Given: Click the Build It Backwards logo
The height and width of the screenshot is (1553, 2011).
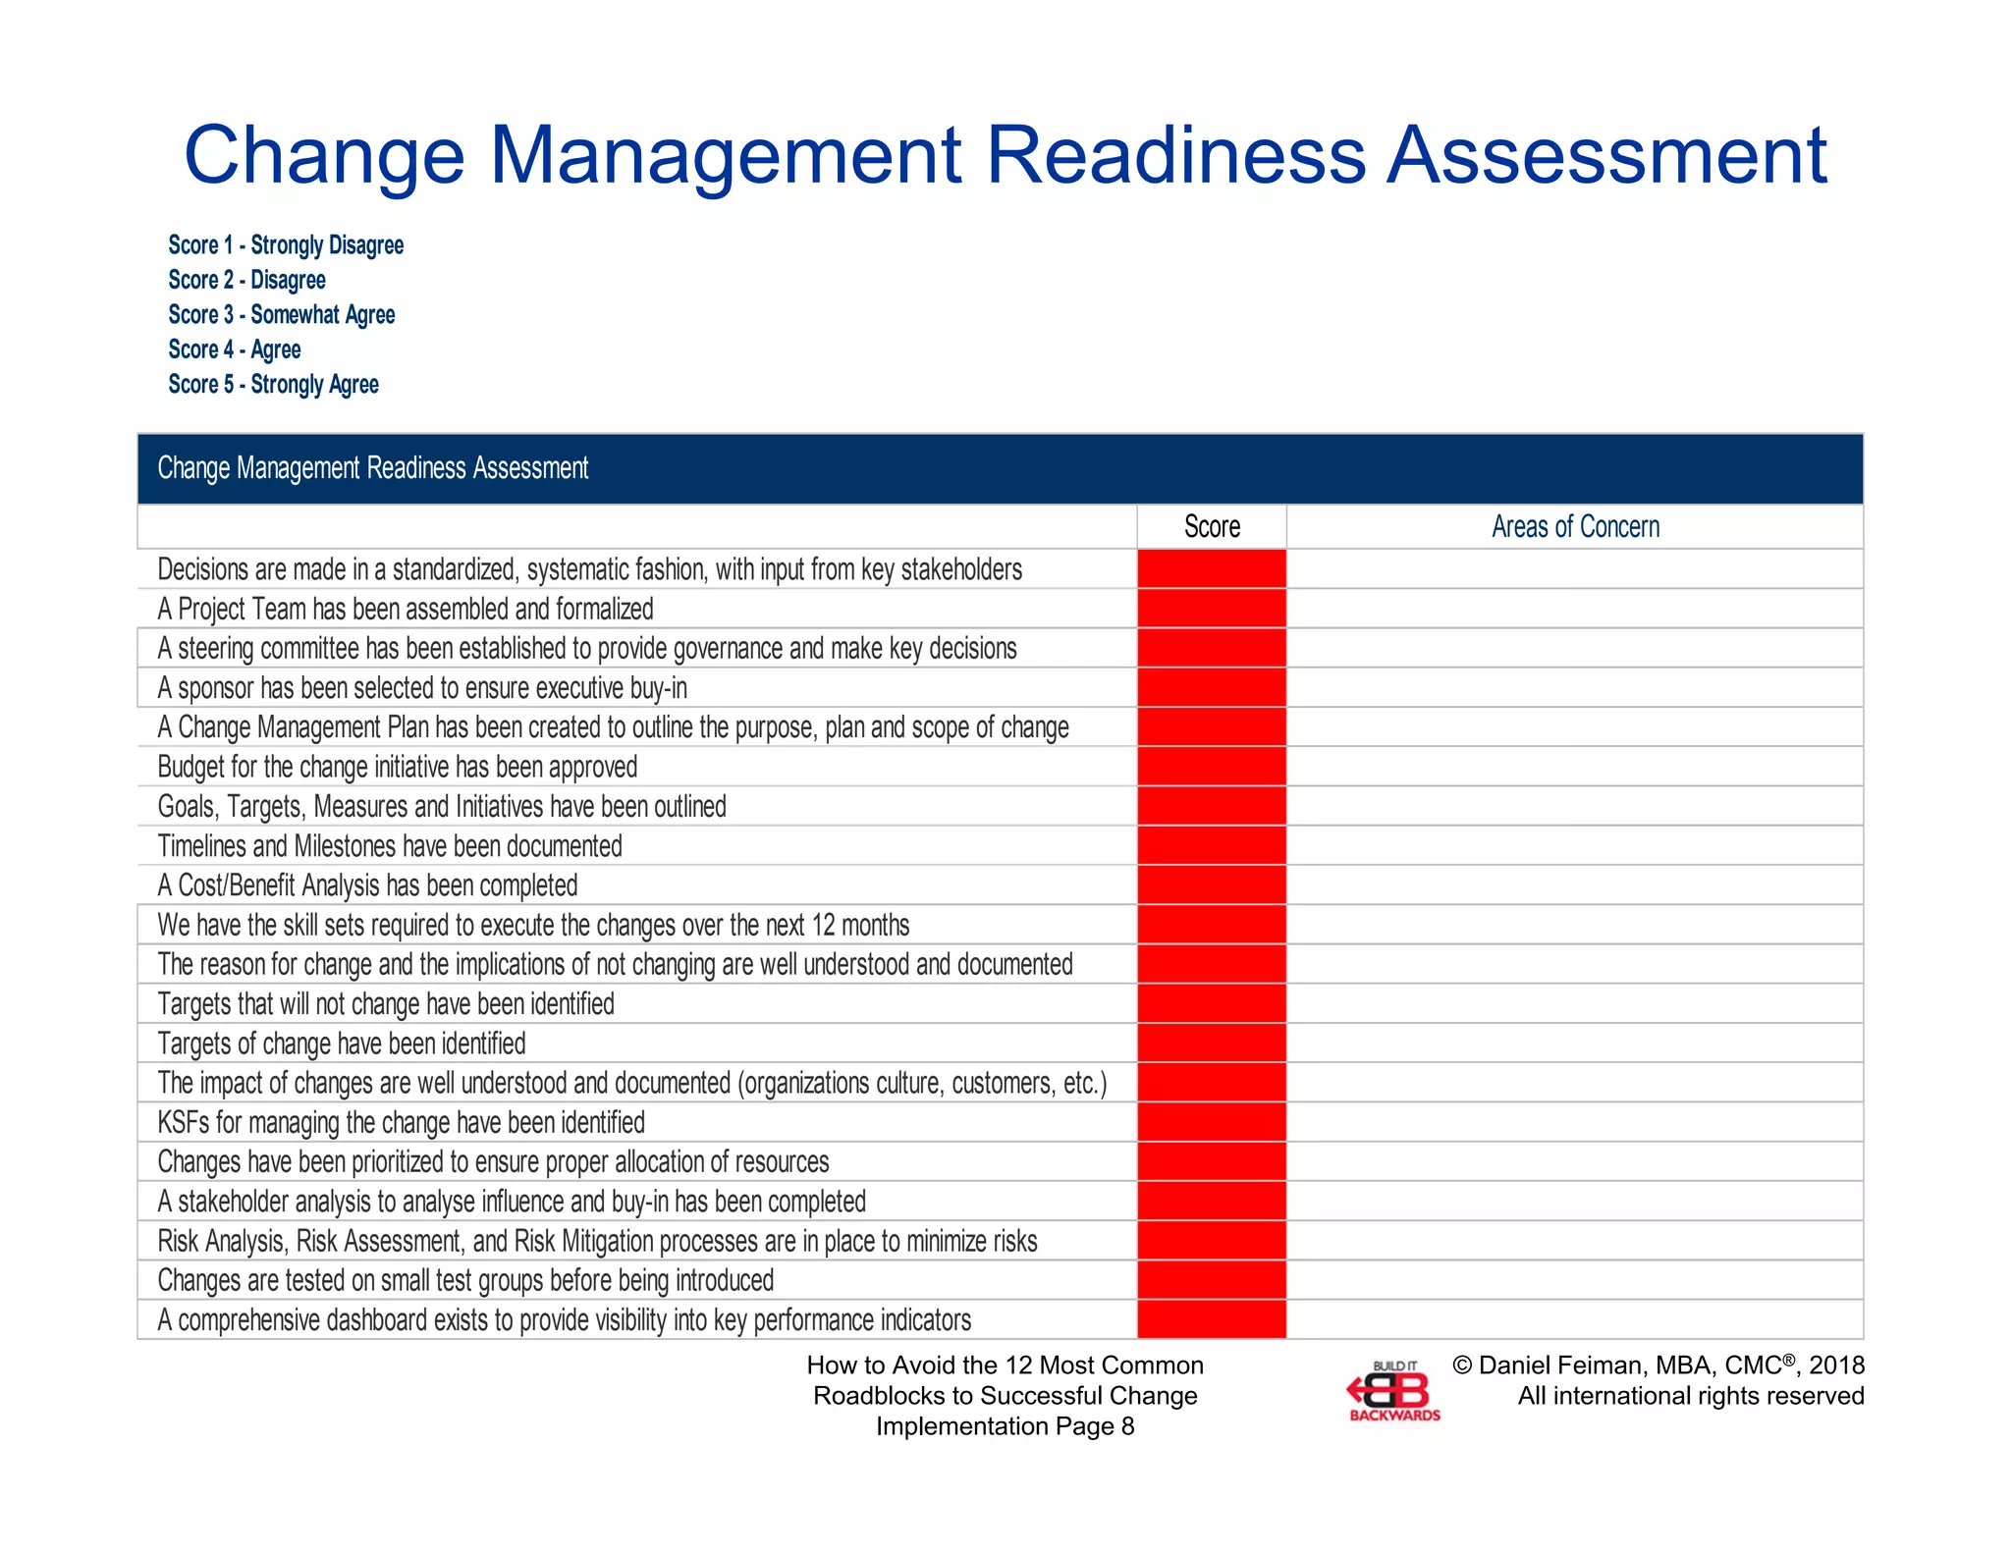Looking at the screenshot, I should [1394, 1392].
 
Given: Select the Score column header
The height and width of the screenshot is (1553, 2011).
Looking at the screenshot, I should [1212, 527].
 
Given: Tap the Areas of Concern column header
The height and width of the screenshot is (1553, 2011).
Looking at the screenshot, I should [1575, 527].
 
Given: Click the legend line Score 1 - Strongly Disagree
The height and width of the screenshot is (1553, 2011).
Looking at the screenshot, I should [286, 244].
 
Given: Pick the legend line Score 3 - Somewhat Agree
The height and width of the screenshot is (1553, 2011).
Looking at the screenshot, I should [282, 314].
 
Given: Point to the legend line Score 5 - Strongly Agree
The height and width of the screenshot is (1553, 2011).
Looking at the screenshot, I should [273, 384].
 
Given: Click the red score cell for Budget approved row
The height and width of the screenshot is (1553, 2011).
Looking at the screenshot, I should [1212, 767].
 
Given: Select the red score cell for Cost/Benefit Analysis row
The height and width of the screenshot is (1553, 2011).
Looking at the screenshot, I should [1212, 885].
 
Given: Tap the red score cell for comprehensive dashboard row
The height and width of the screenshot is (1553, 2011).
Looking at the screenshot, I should [1212, 1319].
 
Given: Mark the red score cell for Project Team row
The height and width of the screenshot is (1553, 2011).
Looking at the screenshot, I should [1212, 609].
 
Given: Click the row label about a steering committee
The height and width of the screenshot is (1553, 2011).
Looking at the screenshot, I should [587, 649].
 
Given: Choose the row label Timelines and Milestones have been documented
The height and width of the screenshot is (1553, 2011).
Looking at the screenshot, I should [390, 846].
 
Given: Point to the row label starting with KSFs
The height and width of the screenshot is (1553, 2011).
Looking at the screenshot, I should [401, 1122].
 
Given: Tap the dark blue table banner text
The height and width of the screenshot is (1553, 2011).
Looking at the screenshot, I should [373, 468].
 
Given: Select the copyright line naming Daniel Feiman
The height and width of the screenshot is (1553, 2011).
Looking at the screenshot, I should [1658, 1366].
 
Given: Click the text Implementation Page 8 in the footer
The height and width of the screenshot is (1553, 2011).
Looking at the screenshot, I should [1005, 1426].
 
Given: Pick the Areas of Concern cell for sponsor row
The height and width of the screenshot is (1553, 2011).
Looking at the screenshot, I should [1575, 688].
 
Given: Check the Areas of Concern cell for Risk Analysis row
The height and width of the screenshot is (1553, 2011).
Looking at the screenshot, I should [1575, 1241].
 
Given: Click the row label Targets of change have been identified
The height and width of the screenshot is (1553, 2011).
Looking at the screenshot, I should [342, 1044].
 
